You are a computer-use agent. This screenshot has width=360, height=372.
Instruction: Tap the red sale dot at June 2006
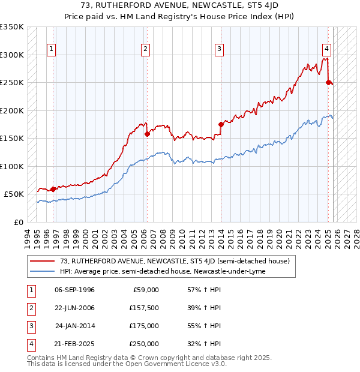click(147, 134)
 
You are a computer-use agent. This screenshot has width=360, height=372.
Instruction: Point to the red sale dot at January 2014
click(221, 125)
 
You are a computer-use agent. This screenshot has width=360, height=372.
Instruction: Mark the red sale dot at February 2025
click(328, 83)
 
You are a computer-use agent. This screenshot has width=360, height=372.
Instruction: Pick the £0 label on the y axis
click(19, 222)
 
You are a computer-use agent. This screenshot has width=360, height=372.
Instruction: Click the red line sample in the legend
click(43, 261)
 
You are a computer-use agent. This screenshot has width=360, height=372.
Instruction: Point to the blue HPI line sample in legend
click(43, 271)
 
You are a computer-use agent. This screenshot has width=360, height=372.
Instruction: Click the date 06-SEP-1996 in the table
click(74, 290)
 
